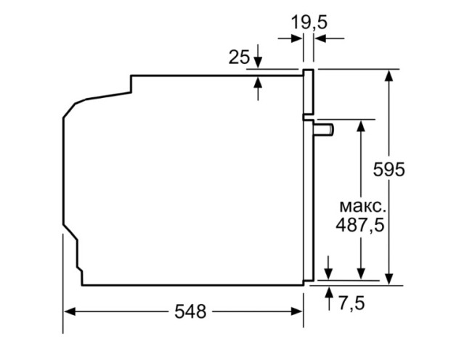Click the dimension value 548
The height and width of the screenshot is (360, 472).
click(x=190, y=311)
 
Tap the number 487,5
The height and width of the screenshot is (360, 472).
click(x=359, y=224)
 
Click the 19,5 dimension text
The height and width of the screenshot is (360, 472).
click(x=309, y=22)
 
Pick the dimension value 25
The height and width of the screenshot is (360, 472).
click(x=239, y=57)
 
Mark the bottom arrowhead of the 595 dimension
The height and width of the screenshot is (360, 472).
click(x=390, y=277)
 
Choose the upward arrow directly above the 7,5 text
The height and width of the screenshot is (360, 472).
click(x=330, y=292)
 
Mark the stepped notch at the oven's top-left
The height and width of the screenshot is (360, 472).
click(x=131, y=83)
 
